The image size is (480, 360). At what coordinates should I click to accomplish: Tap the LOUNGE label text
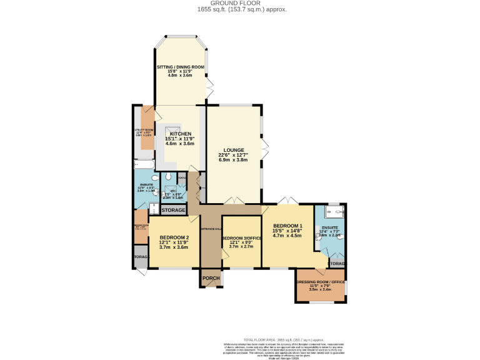(231, 150)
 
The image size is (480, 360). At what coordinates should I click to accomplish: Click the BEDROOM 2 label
(174, 237)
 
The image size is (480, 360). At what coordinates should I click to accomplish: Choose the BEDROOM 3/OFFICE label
(242, 238)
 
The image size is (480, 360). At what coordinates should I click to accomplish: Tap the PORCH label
(211, 278)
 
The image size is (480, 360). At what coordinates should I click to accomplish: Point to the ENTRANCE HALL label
(211, 229)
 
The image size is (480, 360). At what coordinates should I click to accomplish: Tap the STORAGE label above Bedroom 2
(173, 210)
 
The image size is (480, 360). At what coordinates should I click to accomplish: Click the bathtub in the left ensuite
(142, 165)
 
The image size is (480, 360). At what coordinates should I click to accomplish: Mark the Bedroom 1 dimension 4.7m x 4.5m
(287, 236)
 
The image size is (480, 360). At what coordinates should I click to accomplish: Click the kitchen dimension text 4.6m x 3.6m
(180, 144)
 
